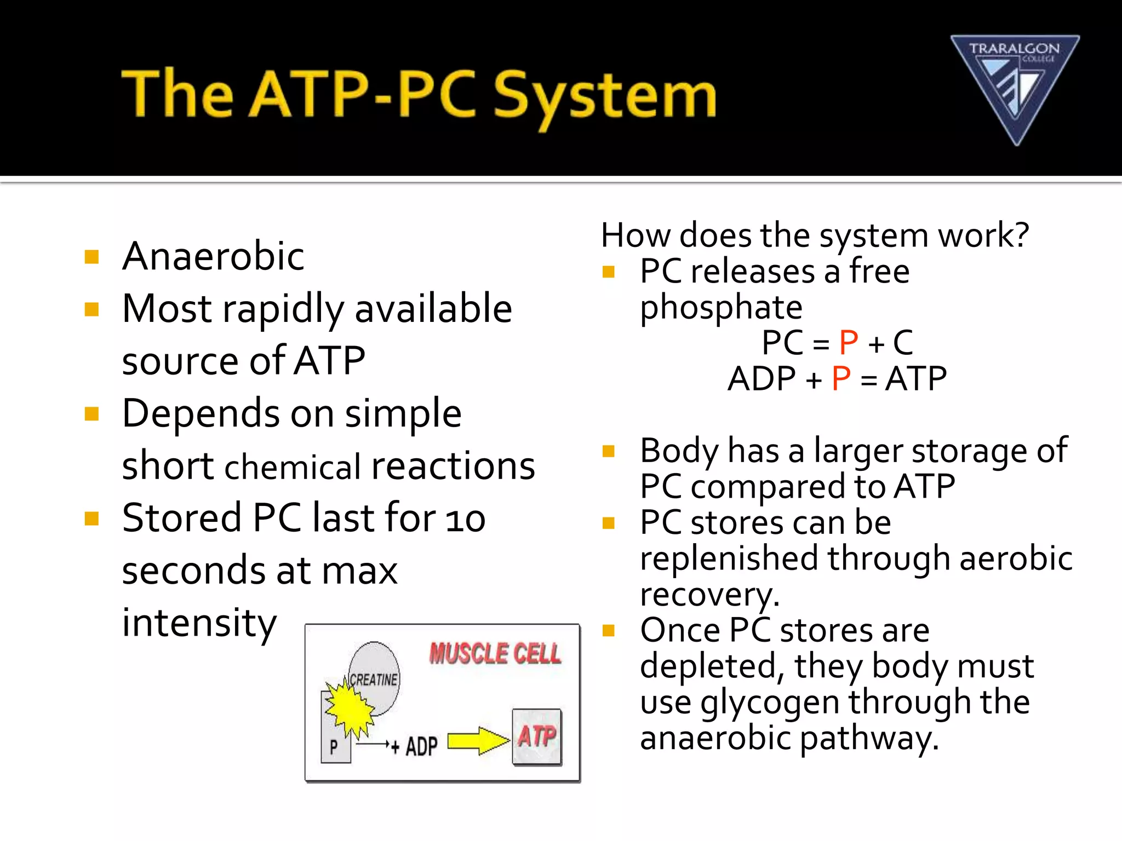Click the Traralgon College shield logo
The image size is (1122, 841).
click(x=1015, y=88)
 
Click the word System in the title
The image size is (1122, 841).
click(x=605, y=95)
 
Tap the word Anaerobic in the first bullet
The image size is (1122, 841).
click(x=213, y=256)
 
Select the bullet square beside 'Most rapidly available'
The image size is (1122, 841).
click(x=91, y=310)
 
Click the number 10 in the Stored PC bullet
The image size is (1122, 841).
click(x=465, y=519)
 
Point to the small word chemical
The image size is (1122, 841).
click(x=293, y=468)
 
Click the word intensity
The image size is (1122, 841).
click(x=199, y=623)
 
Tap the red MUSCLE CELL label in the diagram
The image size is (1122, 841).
click(x=495, y=654)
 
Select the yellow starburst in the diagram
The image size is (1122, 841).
click(x=350, y=708)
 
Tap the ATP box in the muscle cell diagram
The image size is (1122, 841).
click(x=537, y=736)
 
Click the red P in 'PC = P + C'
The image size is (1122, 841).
click(x=848, y=343)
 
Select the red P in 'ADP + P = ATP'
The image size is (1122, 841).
click(x=841, y=379)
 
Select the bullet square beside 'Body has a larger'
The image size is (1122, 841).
click(x=608, y=452)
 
